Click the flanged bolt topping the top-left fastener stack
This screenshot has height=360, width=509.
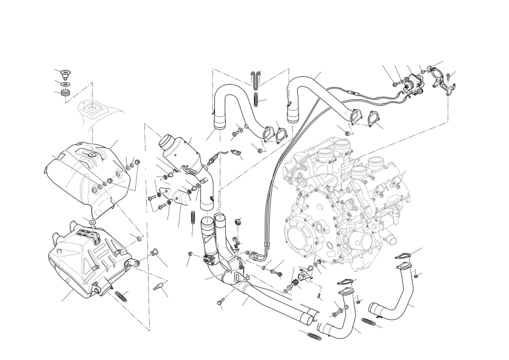[x=63, y=73]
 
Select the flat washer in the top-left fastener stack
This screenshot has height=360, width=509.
[x=64, y=83]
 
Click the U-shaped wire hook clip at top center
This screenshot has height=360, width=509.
[x=256, y=80]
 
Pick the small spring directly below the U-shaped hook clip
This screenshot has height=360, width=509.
[x=256, y=96]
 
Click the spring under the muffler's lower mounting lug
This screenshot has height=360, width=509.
[x=121, y=297]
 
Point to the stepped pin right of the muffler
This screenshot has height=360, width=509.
[x=160, y=288]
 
